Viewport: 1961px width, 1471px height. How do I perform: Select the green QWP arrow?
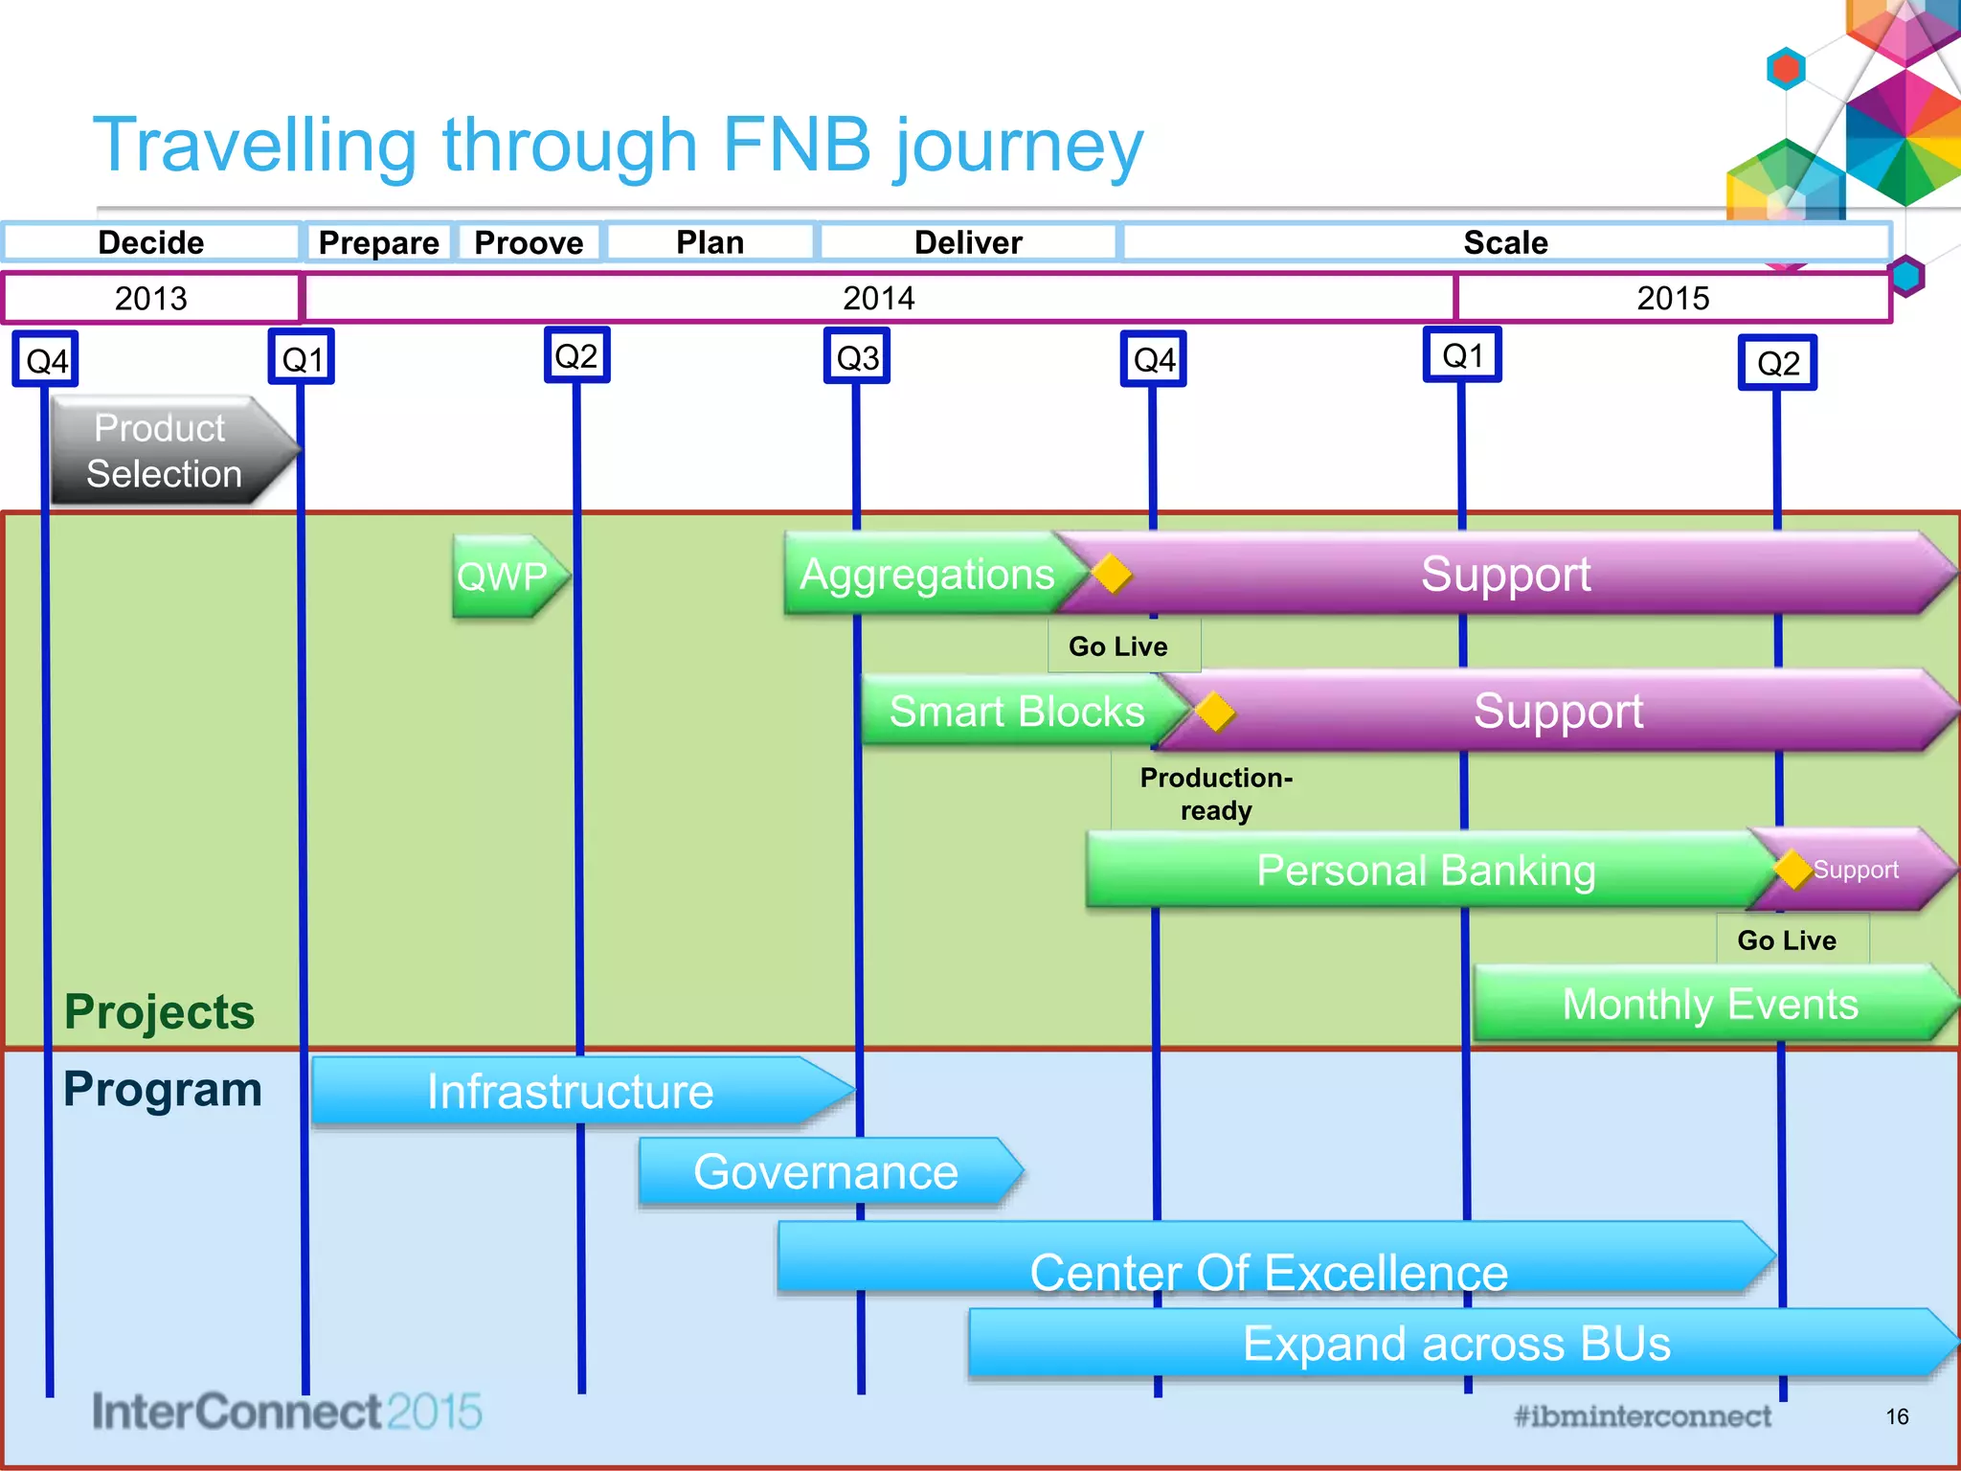[506, 577]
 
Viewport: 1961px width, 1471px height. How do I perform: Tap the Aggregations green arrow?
[925, 575]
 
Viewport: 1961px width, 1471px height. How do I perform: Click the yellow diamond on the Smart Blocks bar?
[1214, 712]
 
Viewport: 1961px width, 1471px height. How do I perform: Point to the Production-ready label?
[1215, 794]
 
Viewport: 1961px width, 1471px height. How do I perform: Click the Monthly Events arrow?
[1709, 1005]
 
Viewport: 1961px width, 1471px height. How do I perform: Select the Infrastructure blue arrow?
[571, 1092]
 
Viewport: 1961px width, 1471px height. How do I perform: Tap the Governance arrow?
[825, 1171]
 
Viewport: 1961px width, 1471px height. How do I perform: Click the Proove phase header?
[529, 242]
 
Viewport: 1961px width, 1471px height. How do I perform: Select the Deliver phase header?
[968, 242]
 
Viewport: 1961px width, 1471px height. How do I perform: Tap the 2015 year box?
[1672, 298]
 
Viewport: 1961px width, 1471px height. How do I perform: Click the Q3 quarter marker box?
[857, 357]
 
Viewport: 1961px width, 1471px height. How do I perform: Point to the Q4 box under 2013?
[46, 360]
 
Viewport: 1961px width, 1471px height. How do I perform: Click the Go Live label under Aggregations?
[1117, 646]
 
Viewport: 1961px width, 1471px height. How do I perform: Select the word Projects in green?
[159, 1011]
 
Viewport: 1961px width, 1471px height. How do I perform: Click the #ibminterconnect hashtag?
[1642, 1415]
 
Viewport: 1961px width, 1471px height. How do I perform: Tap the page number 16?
[1897, 1416]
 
